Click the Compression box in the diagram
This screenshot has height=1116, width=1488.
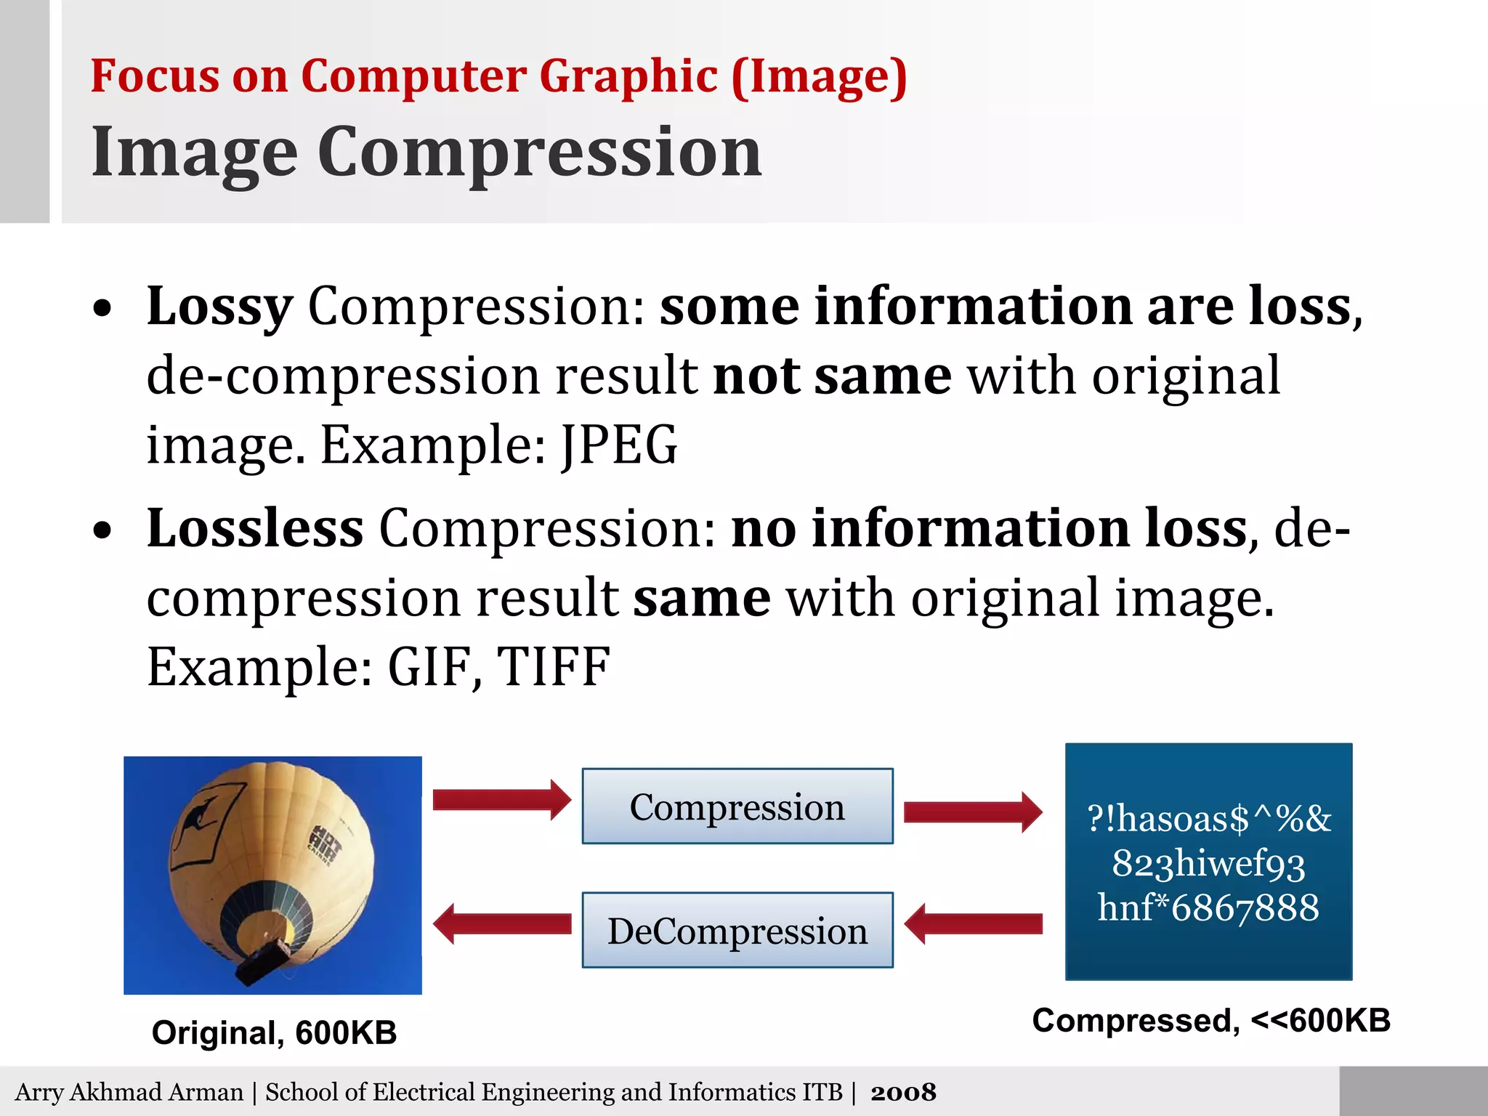pos(737,806)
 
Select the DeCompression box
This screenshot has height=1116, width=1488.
pos(737,931)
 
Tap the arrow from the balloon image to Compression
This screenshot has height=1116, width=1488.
pos(501,800)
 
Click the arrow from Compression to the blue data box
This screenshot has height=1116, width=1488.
pos(972,812)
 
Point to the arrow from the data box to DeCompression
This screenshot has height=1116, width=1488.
pos(974,924)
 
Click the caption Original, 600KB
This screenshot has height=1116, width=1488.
pos(274,1032)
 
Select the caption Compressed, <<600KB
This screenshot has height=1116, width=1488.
pos(1210,1020)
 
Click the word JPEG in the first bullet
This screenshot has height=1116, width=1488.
pos(619,445)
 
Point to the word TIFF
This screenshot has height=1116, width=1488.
pos(553,667)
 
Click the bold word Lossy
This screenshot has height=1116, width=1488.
pos(219,307)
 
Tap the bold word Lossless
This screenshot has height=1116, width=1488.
pos(254,528)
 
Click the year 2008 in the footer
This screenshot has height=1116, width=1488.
pos(903,1092)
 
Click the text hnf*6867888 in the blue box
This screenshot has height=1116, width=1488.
pos(1208,907)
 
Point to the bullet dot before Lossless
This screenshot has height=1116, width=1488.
pos(103,531)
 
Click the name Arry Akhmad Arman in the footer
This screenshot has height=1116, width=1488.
pos(129,1092)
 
